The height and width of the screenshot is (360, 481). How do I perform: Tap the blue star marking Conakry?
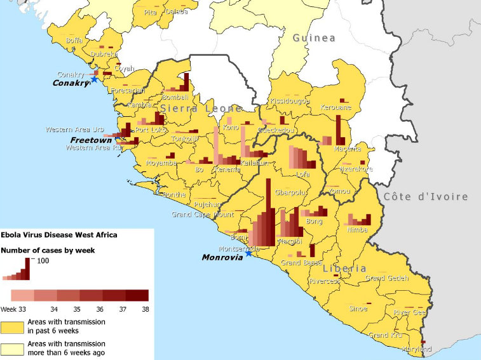click(95, 79)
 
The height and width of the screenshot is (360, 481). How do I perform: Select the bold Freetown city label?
click(91, 140)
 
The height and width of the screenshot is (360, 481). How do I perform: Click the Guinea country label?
click(314, 38)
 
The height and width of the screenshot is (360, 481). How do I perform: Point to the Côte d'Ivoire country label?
click(426, 197)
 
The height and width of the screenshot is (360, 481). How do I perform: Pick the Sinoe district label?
click(358, 309)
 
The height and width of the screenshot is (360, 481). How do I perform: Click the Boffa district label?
click(74, 41)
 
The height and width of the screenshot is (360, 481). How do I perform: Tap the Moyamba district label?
click(161, 163)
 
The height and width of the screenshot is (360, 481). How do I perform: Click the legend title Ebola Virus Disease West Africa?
click(58, 234)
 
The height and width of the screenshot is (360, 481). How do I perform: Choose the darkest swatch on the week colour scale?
click(137, 295)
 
